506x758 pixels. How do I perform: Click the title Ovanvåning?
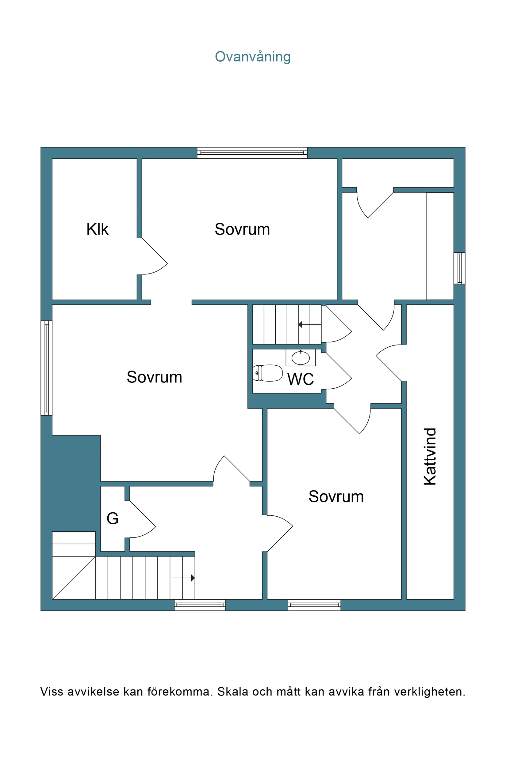[x=253, y=57]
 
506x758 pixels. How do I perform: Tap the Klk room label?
[x=98, y=229]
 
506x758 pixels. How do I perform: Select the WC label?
[x=301, y=379]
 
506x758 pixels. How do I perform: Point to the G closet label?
[x=113, y=519]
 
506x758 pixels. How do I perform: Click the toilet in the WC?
[x=267, y=373]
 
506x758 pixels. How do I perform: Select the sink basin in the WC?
[x=301, y=358]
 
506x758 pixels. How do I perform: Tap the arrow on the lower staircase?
[x=183, y=578]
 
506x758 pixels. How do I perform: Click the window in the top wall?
[x=252, y=153]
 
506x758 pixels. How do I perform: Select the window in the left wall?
[x=47, y=368]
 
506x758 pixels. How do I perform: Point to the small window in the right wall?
[x=459, y=268]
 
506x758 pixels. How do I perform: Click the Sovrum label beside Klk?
[x=242, y=229]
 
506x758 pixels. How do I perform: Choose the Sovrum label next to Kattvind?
[x=336, y=497]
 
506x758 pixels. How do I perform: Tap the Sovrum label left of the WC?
[x=155, y=377]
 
